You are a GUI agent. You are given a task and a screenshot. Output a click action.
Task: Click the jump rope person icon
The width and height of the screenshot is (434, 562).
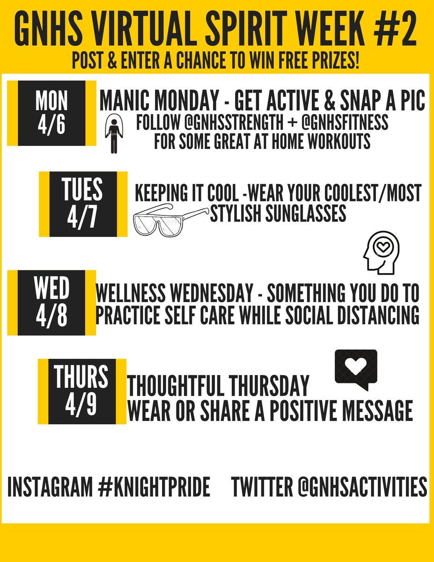(112, 134)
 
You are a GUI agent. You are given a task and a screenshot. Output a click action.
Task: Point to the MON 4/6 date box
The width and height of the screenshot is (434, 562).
(52, 113)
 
